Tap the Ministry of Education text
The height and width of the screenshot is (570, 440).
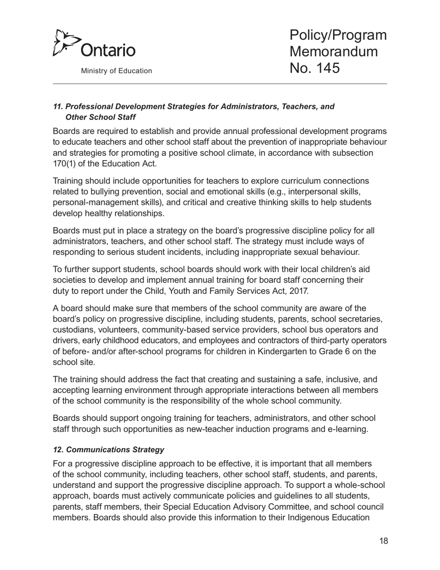click(x=116, y=71)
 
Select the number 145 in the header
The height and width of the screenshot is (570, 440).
click(x=326, y=68)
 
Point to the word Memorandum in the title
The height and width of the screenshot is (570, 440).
click(x=333, y=51)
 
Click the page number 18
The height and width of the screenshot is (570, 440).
click(x=383, y=541)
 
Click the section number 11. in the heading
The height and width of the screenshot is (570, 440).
click(x=58, y=107)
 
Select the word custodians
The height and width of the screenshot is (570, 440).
click(x=73, y=330)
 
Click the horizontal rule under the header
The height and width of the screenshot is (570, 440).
click(x=220, y=84)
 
